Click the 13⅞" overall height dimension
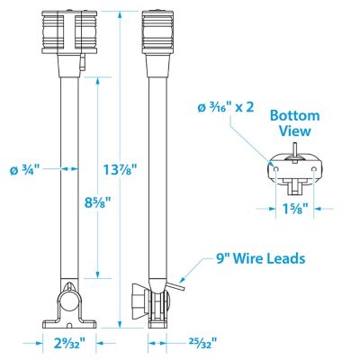point(120,169)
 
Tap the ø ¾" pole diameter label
point(24,170)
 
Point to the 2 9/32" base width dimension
point(68,343)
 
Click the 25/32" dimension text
point(202,342)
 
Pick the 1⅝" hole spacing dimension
point(294,209)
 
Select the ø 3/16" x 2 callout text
point(226,107)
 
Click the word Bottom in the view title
point(295,116)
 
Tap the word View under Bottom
point(294,131)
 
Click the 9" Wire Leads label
point(260,258)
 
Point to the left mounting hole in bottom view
point(276,170)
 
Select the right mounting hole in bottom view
point(314,170)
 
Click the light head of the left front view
point(70,32)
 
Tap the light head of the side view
point(157,32)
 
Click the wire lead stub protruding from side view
point(175,285)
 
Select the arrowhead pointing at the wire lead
point(183,279)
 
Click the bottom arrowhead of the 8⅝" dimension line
point(98,274)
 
